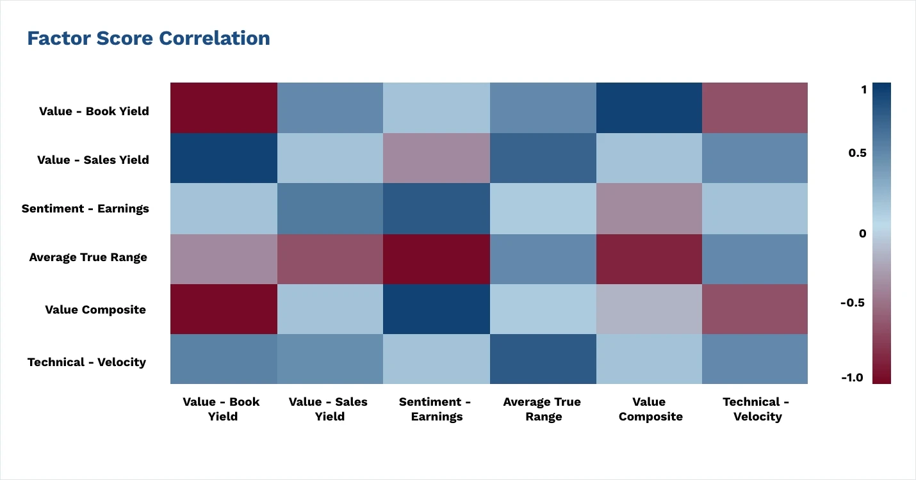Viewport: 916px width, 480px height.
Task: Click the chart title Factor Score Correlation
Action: pos(148,38)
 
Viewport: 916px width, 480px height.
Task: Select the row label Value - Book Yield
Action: pos(94,111)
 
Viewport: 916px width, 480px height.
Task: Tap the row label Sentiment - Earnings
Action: pos(85,209)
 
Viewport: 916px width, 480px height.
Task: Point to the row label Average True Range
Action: pos(88,257)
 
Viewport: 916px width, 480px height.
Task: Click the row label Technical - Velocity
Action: pos(86,362)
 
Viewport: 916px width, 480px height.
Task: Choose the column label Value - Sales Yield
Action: pos(328,409)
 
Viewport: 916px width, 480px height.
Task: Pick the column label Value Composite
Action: pos(649,409)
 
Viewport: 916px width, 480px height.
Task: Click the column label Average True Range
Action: pos(542,409)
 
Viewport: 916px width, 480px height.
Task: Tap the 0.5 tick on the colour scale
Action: pos(858,153)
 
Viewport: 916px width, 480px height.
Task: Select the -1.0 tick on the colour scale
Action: pos(852,378)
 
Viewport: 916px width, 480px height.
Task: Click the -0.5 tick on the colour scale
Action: pos(852,302)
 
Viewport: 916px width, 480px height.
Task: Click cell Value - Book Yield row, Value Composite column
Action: pos(649,108)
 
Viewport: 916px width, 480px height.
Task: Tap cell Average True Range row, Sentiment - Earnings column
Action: pos(436,259)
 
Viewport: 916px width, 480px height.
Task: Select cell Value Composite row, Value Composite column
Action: pos(649,309)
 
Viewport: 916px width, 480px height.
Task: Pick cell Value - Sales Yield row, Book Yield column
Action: pos(224,158)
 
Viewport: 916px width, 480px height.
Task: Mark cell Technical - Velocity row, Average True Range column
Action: pos(543,359)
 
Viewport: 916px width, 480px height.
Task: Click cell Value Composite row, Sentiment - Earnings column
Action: pos(436,309)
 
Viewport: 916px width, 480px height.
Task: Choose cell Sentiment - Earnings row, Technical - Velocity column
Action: pos(755,209)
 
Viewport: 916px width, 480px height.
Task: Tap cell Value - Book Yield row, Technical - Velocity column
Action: pos(755,108)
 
